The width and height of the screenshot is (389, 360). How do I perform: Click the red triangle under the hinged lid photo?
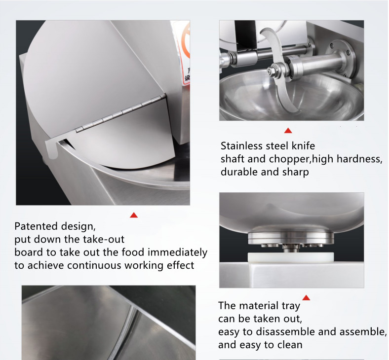(x=133, y=215)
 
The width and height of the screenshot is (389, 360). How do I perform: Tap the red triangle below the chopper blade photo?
(x=288, y=131)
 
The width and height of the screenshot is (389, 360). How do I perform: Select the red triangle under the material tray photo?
(x=306, y=297)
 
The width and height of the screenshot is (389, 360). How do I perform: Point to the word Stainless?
(x=243, y=146)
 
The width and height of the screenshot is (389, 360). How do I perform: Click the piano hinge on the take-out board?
(x=118, y=114)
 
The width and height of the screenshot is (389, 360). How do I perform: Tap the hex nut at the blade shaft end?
(x=272, y=72)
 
